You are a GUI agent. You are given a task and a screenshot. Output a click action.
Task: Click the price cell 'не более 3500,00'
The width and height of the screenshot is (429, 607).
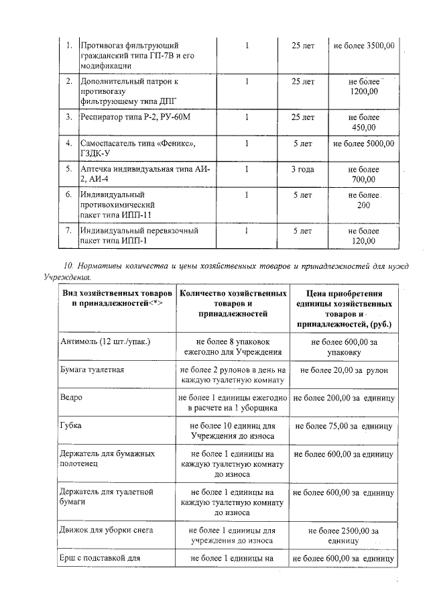tap(363, 46)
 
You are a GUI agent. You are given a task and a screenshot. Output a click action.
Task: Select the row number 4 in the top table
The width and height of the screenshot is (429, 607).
tap(68, 143)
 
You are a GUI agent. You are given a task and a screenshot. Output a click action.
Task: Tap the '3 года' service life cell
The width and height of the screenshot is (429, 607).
tap(302, 169)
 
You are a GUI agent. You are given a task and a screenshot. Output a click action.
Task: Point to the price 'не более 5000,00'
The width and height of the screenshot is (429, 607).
tap(363, 143)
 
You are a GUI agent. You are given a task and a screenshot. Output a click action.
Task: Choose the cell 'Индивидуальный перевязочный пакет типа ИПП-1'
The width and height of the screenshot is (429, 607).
tap(139, 236)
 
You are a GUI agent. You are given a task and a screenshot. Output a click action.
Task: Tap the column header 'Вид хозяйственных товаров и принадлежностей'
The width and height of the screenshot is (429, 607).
tap(117, 298)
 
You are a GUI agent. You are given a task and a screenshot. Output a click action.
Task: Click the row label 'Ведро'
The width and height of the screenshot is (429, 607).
tap(71, 397)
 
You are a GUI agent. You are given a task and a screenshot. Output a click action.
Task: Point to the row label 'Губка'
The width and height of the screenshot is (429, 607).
tap(71, 425)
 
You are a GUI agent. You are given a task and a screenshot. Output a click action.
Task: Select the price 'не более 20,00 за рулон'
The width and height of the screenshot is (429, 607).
tap(344, 370)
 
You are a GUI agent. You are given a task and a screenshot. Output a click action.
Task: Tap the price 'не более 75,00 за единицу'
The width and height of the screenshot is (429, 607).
tap(343, 425)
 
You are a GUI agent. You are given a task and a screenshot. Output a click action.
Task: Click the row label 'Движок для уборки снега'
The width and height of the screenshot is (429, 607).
tap(107, 530)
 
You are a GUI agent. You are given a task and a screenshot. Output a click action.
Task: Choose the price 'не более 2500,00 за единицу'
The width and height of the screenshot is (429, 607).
tap(343, 535)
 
